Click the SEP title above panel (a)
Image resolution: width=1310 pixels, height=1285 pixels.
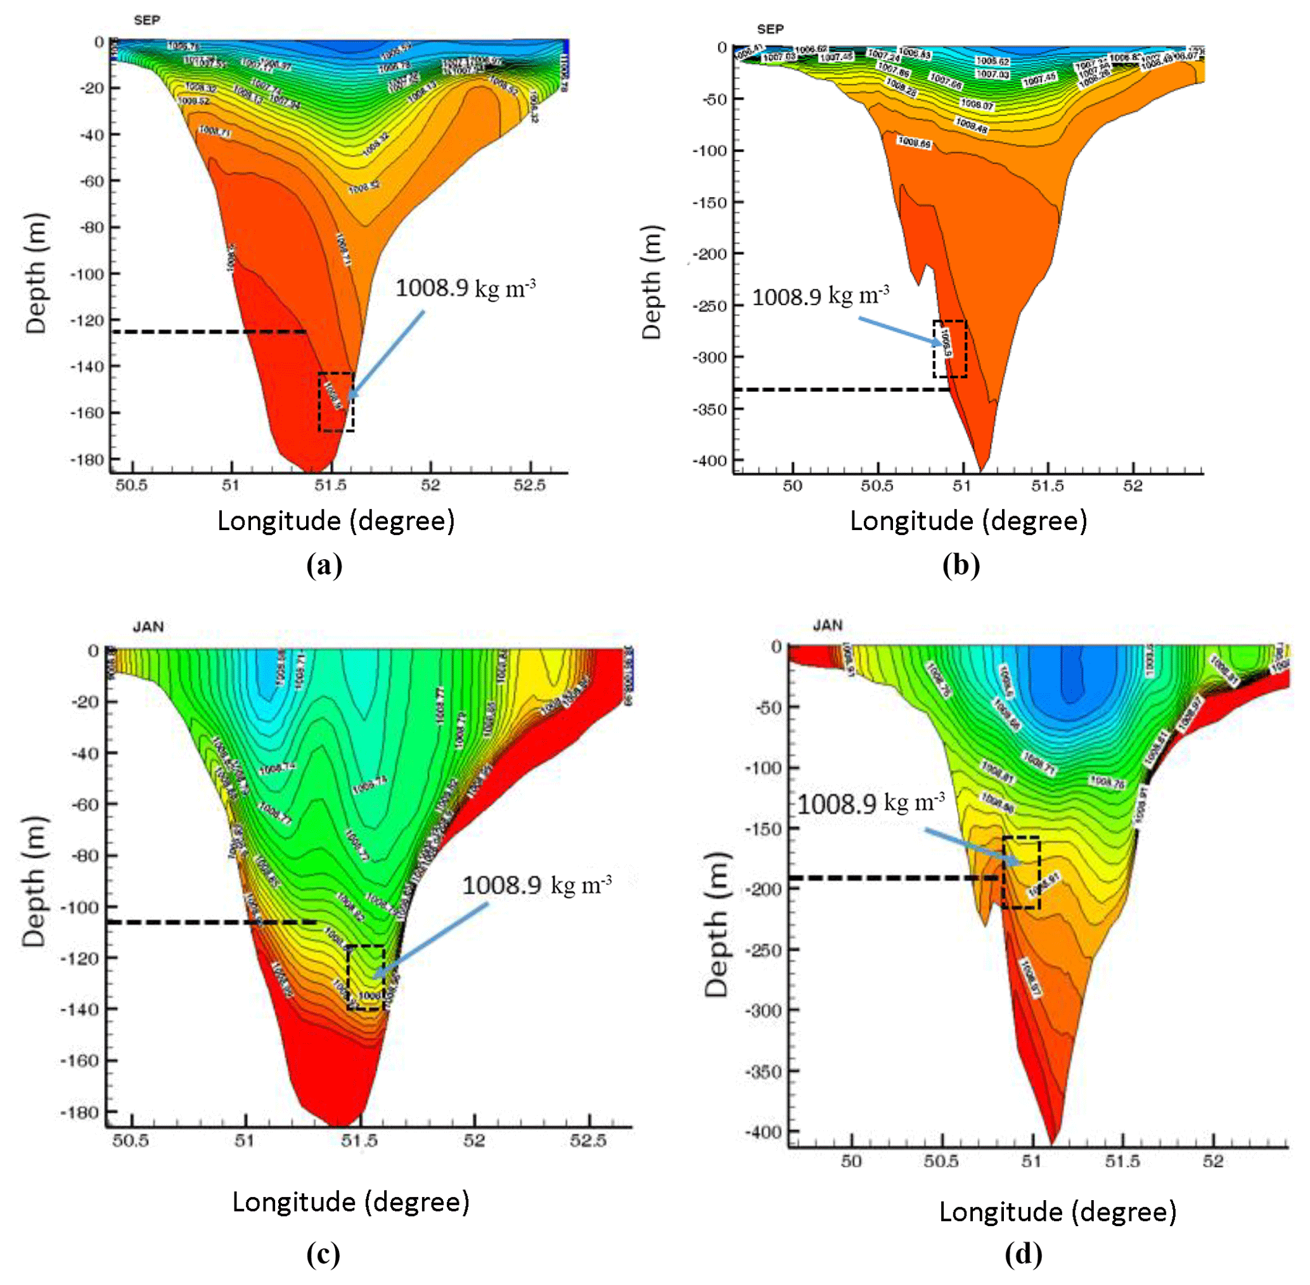click(x=146, y=20)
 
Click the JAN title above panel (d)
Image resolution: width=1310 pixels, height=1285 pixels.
click(x=827, y=625)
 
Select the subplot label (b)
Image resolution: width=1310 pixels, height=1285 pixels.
click(x=960, y=565)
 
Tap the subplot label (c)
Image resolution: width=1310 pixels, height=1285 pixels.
click(x=323, y=1254)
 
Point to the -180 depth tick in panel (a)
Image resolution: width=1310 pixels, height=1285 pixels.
click(x=89, y=460)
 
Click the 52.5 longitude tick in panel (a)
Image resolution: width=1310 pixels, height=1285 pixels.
click(x=529, y=485)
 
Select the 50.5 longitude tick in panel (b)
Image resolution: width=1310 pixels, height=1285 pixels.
click(x=877, y=485)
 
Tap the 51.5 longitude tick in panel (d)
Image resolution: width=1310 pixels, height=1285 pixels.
click(x=1122, y=1161)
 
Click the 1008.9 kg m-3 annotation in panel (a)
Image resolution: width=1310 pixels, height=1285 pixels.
click(x=465, y=288)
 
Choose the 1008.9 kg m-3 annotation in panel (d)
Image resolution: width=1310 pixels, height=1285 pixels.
click(x=870, y=803)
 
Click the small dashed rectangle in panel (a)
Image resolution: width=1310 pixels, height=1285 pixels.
click(x=337, y=402)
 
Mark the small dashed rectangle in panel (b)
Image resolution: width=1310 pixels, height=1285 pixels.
click(x=949, y=348)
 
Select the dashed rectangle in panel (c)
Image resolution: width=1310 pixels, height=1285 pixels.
click(x=365, y=978)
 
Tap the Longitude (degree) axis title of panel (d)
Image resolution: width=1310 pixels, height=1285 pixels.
click(x=1056, y=1212)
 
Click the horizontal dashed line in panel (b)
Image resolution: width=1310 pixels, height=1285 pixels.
click(x=841, y=389)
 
